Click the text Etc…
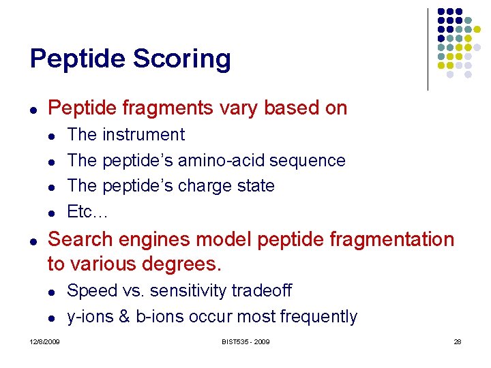[x=87, y=212]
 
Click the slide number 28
[x=457, y=341]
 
